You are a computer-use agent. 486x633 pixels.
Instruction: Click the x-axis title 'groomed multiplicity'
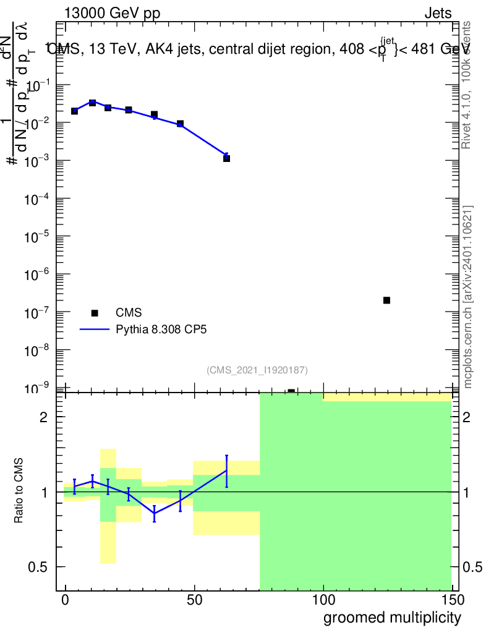coord(392,617)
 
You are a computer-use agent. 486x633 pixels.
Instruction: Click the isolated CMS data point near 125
coord(386,300)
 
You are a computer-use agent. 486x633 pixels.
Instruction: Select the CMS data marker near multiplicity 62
coord(227,158)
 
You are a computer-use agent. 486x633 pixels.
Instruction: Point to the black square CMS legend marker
coord(95,313)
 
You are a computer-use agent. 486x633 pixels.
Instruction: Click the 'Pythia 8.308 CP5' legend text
coord(161,329)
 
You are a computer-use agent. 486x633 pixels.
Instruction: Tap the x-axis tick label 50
coord(195,599)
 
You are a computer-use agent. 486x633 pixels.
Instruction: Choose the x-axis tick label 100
coord(323,599)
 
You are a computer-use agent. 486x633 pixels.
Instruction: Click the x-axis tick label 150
coord(452,599)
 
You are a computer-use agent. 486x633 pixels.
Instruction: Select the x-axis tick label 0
coord(66,599)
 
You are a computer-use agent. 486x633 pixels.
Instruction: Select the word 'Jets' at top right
coord(438,14)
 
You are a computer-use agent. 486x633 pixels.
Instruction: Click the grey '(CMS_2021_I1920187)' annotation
coord(257,370)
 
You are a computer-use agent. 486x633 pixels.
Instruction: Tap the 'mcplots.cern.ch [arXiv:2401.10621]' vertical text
coord(469,297)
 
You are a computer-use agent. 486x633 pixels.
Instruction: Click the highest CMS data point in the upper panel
coord(92,103)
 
